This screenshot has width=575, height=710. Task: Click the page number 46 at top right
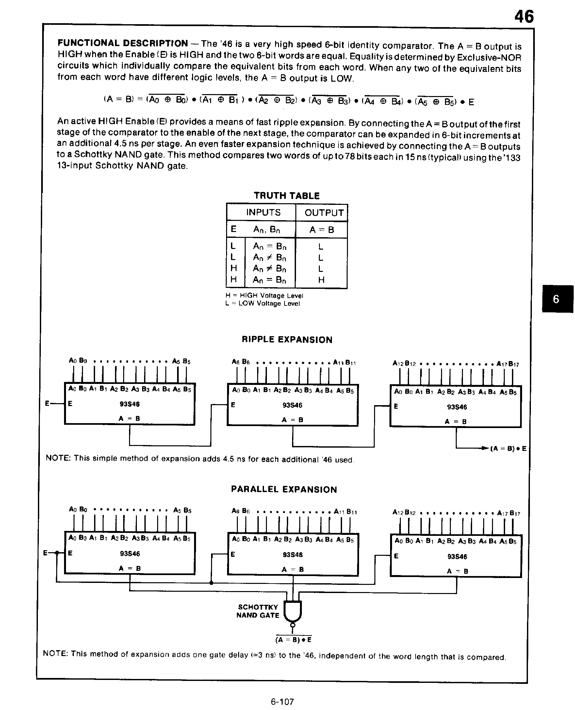point(524,16)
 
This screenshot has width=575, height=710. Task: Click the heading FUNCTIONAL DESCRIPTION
point(123,43)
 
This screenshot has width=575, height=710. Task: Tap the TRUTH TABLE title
point(287,196)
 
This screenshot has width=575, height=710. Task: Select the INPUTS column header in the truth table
point(263,212)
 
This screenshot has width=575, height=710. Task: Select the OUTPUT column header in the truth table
point(324,213)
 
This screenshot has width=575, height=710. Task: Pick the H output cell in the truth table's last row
point(321,280)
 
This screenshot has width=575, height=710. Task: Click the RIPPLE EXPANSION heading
point(287,339)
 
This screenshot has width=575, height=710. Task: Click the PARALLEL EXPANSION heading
point(284,489)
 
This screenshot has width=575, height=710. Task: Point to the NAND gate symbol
point(293,610)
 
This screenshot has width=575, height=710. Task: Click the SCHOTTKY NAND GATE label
point(258,611)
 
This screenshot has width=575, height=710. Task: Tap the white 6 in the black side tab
point(556,299)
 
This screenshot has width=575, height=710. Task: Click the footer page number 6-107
point(282,702)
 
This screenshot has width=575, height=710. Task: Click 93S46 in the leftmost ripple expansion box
point(129,404)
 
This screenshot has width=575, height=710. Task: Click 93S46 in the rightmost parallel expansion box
point(457,556)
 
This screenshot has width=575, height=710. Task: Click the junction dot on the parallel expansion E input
point(57,553)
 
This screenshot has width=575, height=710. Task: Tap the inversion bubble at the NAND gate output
point(292,625)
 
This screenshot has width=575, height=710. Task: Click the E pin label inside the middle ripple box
point(233,405)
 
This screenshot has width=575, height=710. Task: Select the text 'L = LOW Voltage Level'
point(262,304)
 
